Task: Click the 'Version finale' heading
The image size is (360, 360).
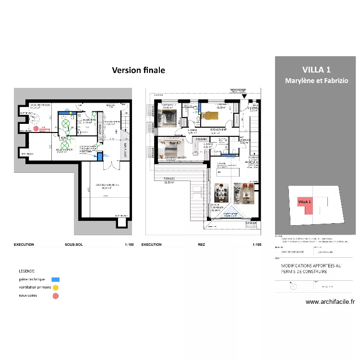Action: click(138, 70)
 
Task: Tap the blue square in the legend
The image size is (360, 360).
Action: click(55, 279)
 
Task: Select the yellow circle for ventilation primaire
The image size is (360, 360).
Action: click(55, 287)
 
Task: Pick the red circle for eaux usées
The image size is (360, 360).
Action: click(55, 296)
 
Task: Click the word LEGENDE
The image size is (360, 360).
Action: click(27, 271)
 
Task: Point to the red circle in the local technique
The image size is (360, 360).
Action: click(36, 128)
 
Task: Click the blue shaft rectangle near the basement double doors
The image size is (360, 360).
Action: click(99, 156)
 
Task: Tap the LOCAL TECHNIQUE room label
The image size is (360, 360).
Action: click(41, 105)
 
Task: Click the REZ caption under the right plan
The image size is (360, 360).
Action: click(201, 244)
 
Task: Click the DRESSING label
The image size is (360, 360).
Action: click(201, 140)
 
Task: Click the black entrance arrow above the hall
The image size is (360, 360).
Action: click(245, 96)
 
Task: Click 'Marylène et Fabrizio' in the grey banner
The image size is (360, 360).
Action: click(316, 81)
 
